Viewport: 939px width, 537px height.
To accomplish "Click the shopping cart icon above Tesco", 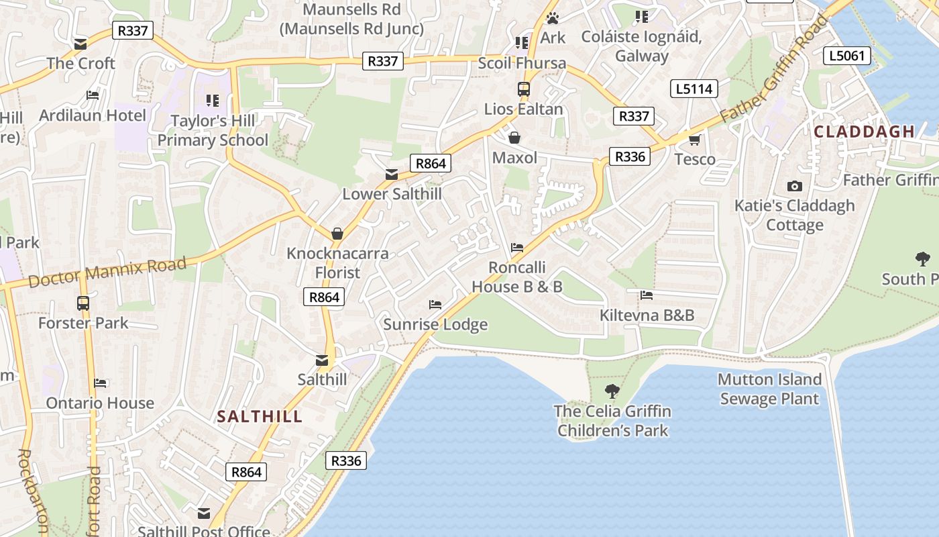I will click(694, 140).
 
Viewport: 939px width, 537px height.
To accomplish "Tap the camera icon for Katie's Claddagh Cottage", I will click(795, 186).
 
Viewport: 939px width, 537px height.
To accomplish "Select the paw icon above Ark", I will click(553, 18).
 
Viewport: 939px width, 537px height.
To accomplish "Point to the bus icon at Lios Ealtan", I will click(523, 89).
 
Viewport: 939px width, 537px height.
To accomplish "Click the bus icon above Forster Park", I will click(83, 303).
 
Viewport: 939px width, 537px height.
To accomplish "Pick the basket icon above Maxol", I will click(514, 138).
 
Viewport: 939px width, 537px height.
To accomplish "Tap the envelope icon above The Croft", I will click(80, 44).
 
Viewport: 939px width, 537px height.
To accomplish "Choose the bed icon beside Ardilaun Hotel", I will click(93, 95).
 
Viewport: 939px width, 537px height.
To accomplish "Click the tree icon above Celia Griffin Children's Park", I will click(612, 391).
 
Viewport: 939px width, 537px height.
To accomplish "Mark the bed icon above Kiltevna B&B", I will click(647, 295).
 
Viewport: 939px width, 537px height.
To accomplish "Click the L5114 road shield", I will click(694, 89).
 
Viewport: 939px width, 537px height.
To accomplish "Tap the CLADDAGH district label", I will click(864, 132).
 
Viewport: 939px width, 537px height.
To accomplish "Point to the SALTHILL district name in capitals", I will click(260, 416).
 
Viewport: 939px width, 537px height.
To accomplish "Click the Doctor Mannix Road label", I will click(107, 271).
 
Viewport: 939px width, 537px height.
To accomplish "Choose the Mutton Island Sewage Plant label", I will click(769, 389).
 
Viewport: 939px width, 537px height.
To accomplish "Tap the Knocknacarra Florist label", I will click(337, 263).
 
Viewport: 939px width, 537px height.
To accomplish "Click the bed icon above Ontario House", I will click(100, 383).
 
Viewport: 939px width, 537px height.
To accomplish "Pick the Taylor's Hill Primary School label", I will click(213, 130).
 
